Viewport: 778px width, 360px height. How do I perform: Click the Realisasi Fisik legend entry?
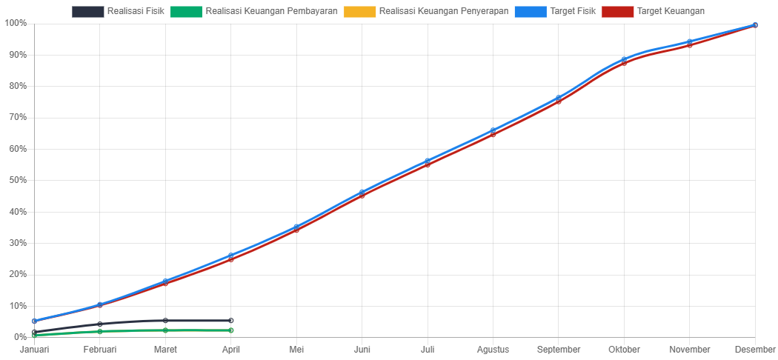click(x=118, y=12)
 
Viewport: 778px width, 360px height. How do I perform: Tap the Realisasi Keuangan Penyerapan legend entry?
click(x=426, y=12)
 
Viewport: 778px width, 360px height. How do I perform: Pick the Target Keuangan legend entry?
click(x=653, y=12)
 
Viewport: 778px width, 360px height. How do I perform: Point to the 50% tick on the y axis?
click(x=16, y=180)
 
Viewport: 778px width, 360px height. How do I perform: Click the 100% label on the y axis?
click(x=15, y=23)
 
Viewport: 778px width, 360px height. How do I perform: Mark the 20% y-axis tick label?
click(x=16, y=274)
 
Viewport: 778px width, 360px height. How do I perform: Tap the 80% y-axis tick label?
click(x=16, y=86)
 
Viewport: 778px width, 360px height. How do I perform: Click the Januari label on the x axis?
click(x=34, y=349)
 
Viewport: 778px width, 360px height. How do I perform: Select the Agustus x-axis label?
click(x=493, y=349)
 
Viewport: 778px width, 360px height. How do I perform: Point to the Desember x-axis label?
click(x=755, y=349)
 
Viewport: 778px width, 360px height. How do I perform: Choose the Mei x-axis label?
click(x=296, y=349)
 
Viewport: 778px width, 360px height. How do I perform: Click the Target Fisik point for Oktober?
click(x=624, y=59)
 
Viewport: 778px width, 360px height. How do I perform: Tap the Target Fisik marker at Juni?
click(x=362, y=193)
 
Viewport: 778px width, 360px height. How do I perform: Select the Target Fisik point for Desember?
click(x=755, y=24)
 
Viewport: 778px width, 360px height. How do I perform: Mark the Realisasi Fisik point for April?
click(x=231, y=321)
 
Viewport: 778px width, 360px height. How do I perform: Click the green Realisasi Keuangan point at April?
click(x=231, y=330)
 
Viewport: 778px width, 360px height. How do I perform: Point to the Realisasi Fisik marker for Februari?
click(x=100, y=324)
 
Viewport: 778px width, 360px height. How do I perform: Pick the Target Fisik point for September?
click(x=559, y=98)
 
